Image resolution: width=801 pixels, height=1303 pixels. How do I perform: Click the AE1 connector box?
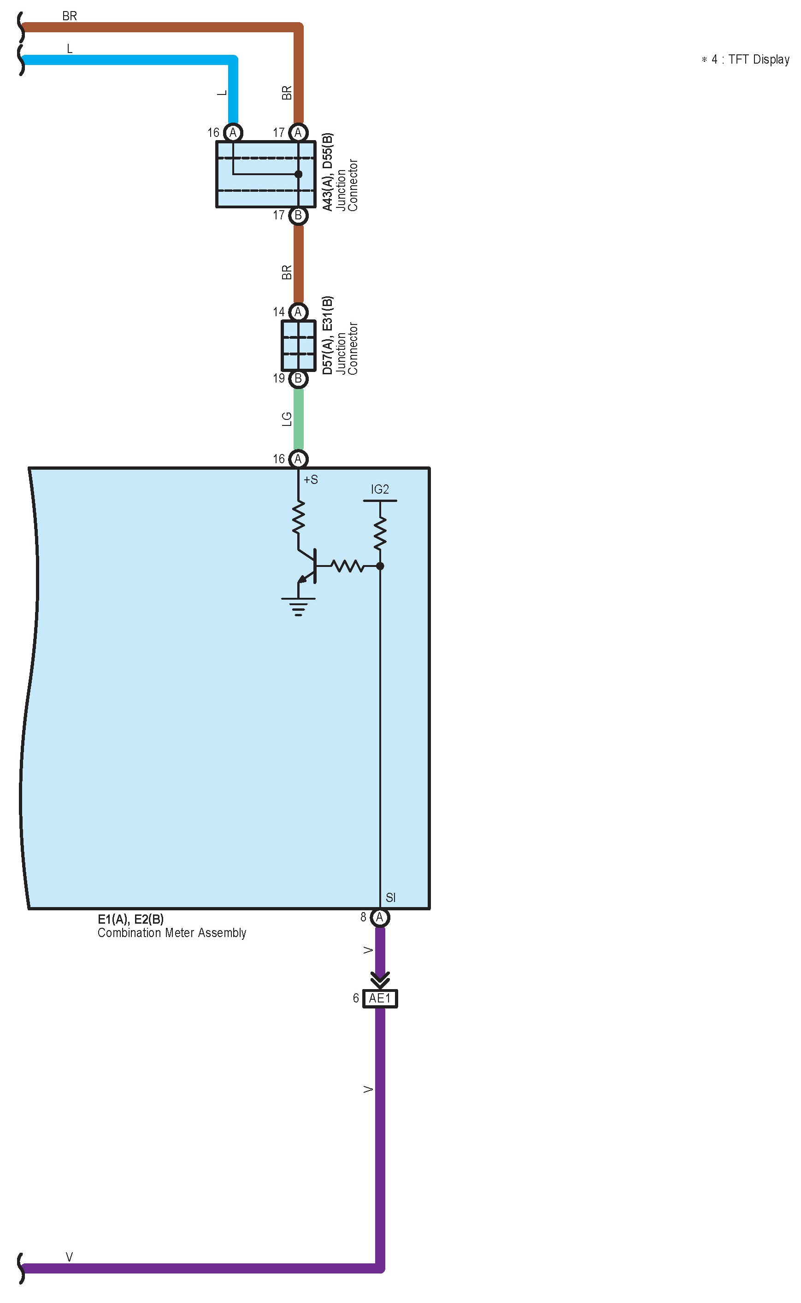(x=380, y=998)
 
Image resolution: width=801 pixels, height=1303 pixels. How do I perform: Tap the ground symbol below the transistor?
(x=298, y=607)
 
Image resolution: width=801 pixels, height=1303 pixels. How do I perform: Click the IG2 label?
(x=380, y=489)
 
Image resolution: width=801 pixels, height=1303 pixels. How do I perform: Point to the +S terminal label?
(x=311, y=480)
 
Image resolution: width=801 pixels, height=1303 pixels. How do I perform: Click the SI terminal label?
(x=390, y=897)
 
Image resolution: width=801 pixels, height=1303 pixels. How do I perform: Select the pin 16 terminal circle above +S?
(x=298, y=459)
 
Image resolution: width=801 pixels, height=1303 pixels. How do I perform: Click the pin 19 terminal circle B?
(x=298, y=378)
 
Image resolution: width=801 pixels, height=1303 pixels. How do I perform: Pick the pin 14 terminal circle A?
(x=298, y=312)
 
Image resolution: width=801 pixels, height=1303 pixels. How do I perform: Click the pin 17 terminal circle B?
(x=298, y=215)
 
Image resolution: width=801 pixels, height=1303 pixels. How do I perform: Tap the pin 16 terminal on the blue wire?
(x=233, y=132)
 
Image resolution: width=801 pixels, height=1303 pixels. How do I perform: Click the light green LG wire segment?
(x=298, y=419)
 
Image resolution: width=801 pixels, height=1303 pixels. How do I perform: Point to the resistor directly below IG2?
(x=380, y=533)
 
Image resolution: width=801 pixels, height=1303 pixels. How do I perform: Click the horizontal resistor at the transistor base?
(x=347, y=566)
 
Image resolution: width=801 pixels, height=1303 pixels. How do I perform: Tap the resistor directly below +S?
(x=298, y=518)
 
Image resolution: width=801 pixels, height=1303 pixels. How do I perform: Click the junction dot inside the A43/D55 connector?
(x=298, y=174)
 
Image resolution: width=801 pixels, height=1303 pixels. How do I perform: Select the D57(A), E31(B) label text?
(x=328, y=335)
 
